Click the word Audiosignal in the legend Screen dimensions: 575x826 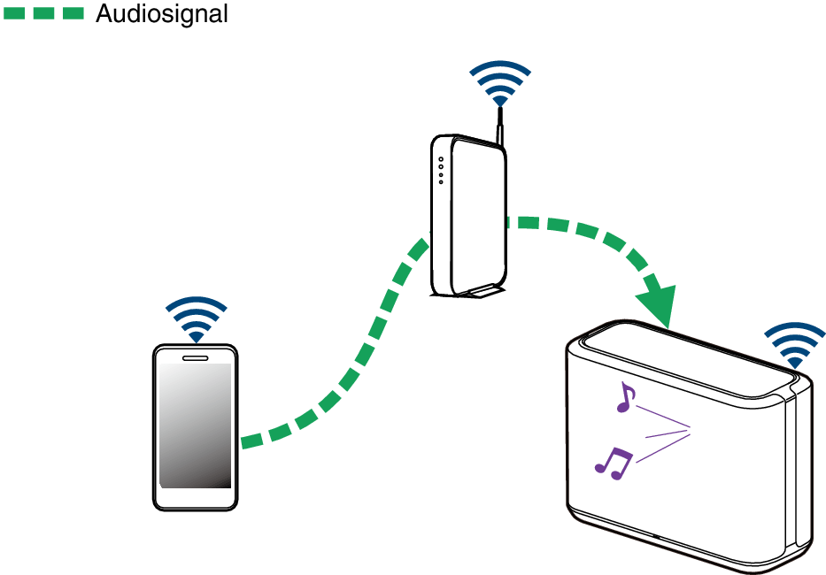point(161,13)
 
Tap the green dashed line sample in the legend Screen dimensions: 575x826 point(44,13)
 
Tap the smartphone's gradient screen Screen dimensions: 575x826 point(195,425)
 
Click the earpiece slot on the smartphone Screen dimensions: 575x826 point(195,357)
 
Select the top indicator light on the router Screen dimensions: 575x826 point(440,160)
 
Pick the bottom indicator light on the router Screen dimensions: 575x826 point(440,181)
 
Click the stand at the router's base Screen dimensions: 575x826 point(479,291)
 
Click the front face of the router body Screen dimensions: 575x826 point(478,212)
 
